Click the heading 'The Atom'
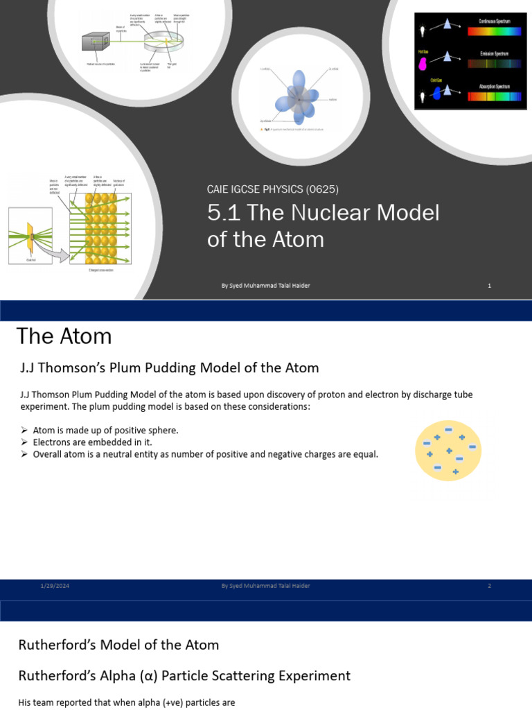(x=64, y=336)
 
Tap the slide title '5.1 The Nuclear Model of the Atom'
(x=323, y=225)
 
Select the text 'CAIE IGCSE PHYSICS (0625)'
(x=272, y=189)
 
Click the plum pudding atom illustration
(x=448, y=451)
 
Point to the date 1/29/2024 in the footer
(x=55, y=586)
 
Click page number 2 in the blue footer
(x=489, y=586)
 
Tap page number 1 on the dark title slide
(x=489, y=286)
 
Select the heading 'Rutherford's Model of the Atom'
(x=118, y=645)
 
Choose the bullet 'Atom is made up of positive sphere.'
(x=105, y=430)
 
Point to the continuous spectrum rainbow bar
(x=495, y=31)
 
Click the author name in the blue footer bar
(x=265, y=586)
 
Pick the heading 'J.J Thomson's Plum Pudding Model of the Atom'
(x=170, y=368)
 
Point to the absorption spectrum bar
(x=495, y=96)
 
